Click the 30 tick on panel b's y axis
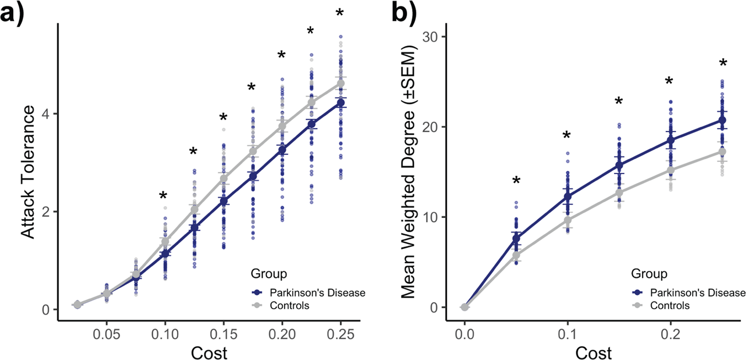[435, 37]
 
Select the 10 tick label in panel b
[435, 217]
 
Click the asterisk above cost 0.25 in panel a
[340, 13]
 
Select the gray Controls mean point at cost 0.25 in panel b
[722, 152]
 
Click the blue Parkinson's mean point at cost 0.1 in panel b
[568, 197]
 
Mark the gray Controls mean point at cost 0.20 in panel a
[282, 126]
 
